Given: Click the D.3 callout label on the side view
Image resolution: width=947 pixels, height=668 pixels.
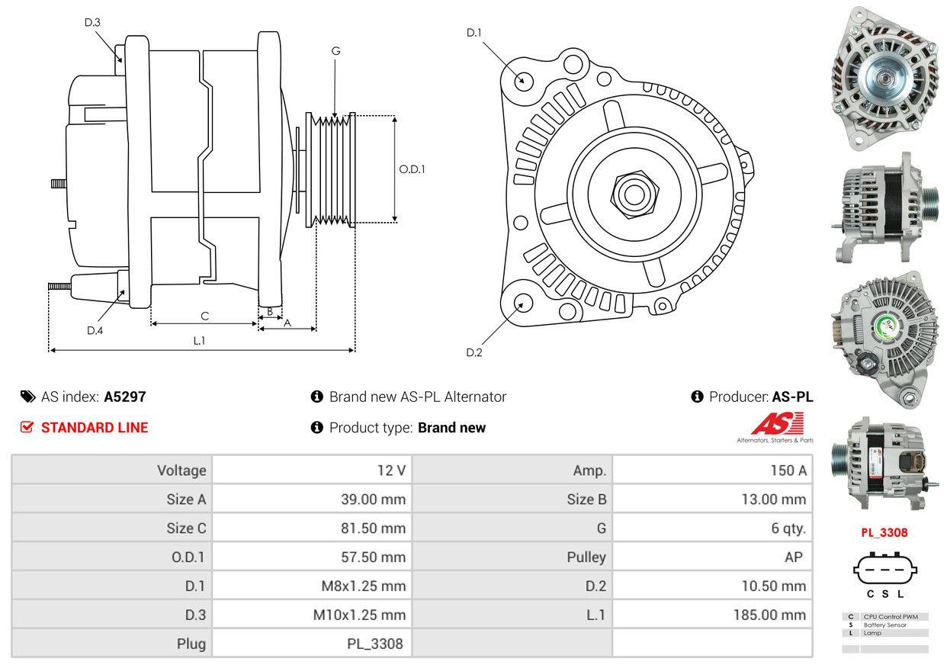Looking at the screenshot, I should coord(92,22).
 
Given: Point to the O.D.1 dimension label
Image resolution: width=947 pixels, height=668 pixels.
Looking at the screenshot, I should coord(412,169).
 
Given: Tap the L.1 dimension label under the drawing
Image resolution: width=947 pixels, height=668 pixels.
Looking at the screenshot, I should coord(199,341).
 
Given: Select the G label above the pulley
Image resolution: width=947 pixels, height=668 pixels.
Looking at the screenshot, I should coord(335,51).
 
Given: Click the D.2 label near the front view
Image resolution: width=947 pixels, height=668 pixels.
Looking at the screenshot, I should coord(474,352).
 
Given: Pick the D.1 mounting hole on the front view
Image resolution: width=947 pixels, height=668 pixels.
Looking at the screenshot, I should coord(523,79).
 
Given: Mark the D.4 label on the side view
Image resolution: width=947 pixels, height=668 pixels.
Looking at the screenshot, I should coord(95,330).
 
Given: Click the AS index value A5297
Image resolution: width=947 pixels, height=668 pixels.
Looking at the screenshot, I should coord(125,397).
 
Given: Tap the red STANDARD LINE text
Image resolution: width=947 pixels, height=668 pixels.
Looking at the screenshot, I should coord(95,428).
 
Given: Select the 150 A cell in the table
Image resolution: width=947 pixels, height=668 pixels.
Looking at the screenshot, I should coord(788,470).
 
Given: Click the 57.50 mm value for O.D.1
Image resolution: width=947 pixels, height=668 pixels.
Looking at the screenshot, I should coord(373,557).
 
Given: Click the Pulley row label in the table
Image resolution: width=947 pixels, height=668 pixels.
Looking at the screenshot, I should coord(586,557).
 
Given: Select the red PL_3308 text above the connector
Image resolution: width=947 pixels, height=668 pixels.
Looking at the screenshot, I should coord(884,533).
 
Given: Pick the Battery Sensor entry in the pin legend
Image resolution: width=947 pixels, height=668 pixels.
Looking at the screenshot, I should coord(885,625).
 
